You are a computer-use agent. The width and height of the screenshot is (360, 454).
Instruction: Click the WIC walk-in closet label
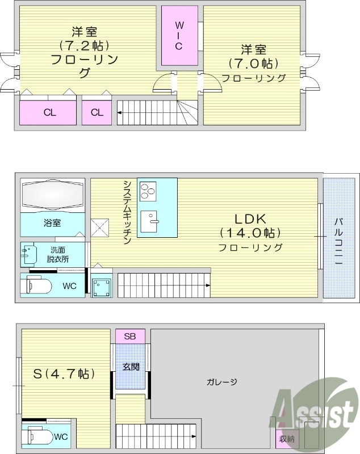click(179, 35)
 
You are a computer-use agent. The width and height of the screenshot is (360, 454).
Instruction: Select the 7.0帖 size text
click(253, 63)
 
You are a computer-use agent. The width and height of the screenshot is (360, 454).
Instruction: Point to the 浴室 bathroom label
click(52, 223)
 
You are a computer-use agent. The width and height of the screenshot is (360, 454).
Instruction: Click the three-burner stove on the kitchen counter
click(148, 191)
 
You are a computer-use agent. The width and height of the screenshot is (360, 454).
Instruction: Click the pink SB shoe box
click(130, 336)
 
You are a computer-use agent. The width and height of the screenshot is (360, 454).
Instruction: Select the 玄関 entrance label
click(131, 367)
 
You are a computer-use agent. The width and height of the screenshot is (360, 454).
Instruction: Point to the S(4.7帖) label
click(64, 374)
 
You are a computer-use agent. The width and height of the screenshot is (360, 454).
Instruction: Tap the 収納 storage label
click(286, 439)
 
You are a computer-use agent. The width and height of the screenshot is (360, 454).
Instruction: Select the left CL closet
click(49, 112)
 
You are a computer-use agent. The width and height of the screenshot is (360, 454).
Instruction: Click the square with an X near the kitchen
click(100, 228)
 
